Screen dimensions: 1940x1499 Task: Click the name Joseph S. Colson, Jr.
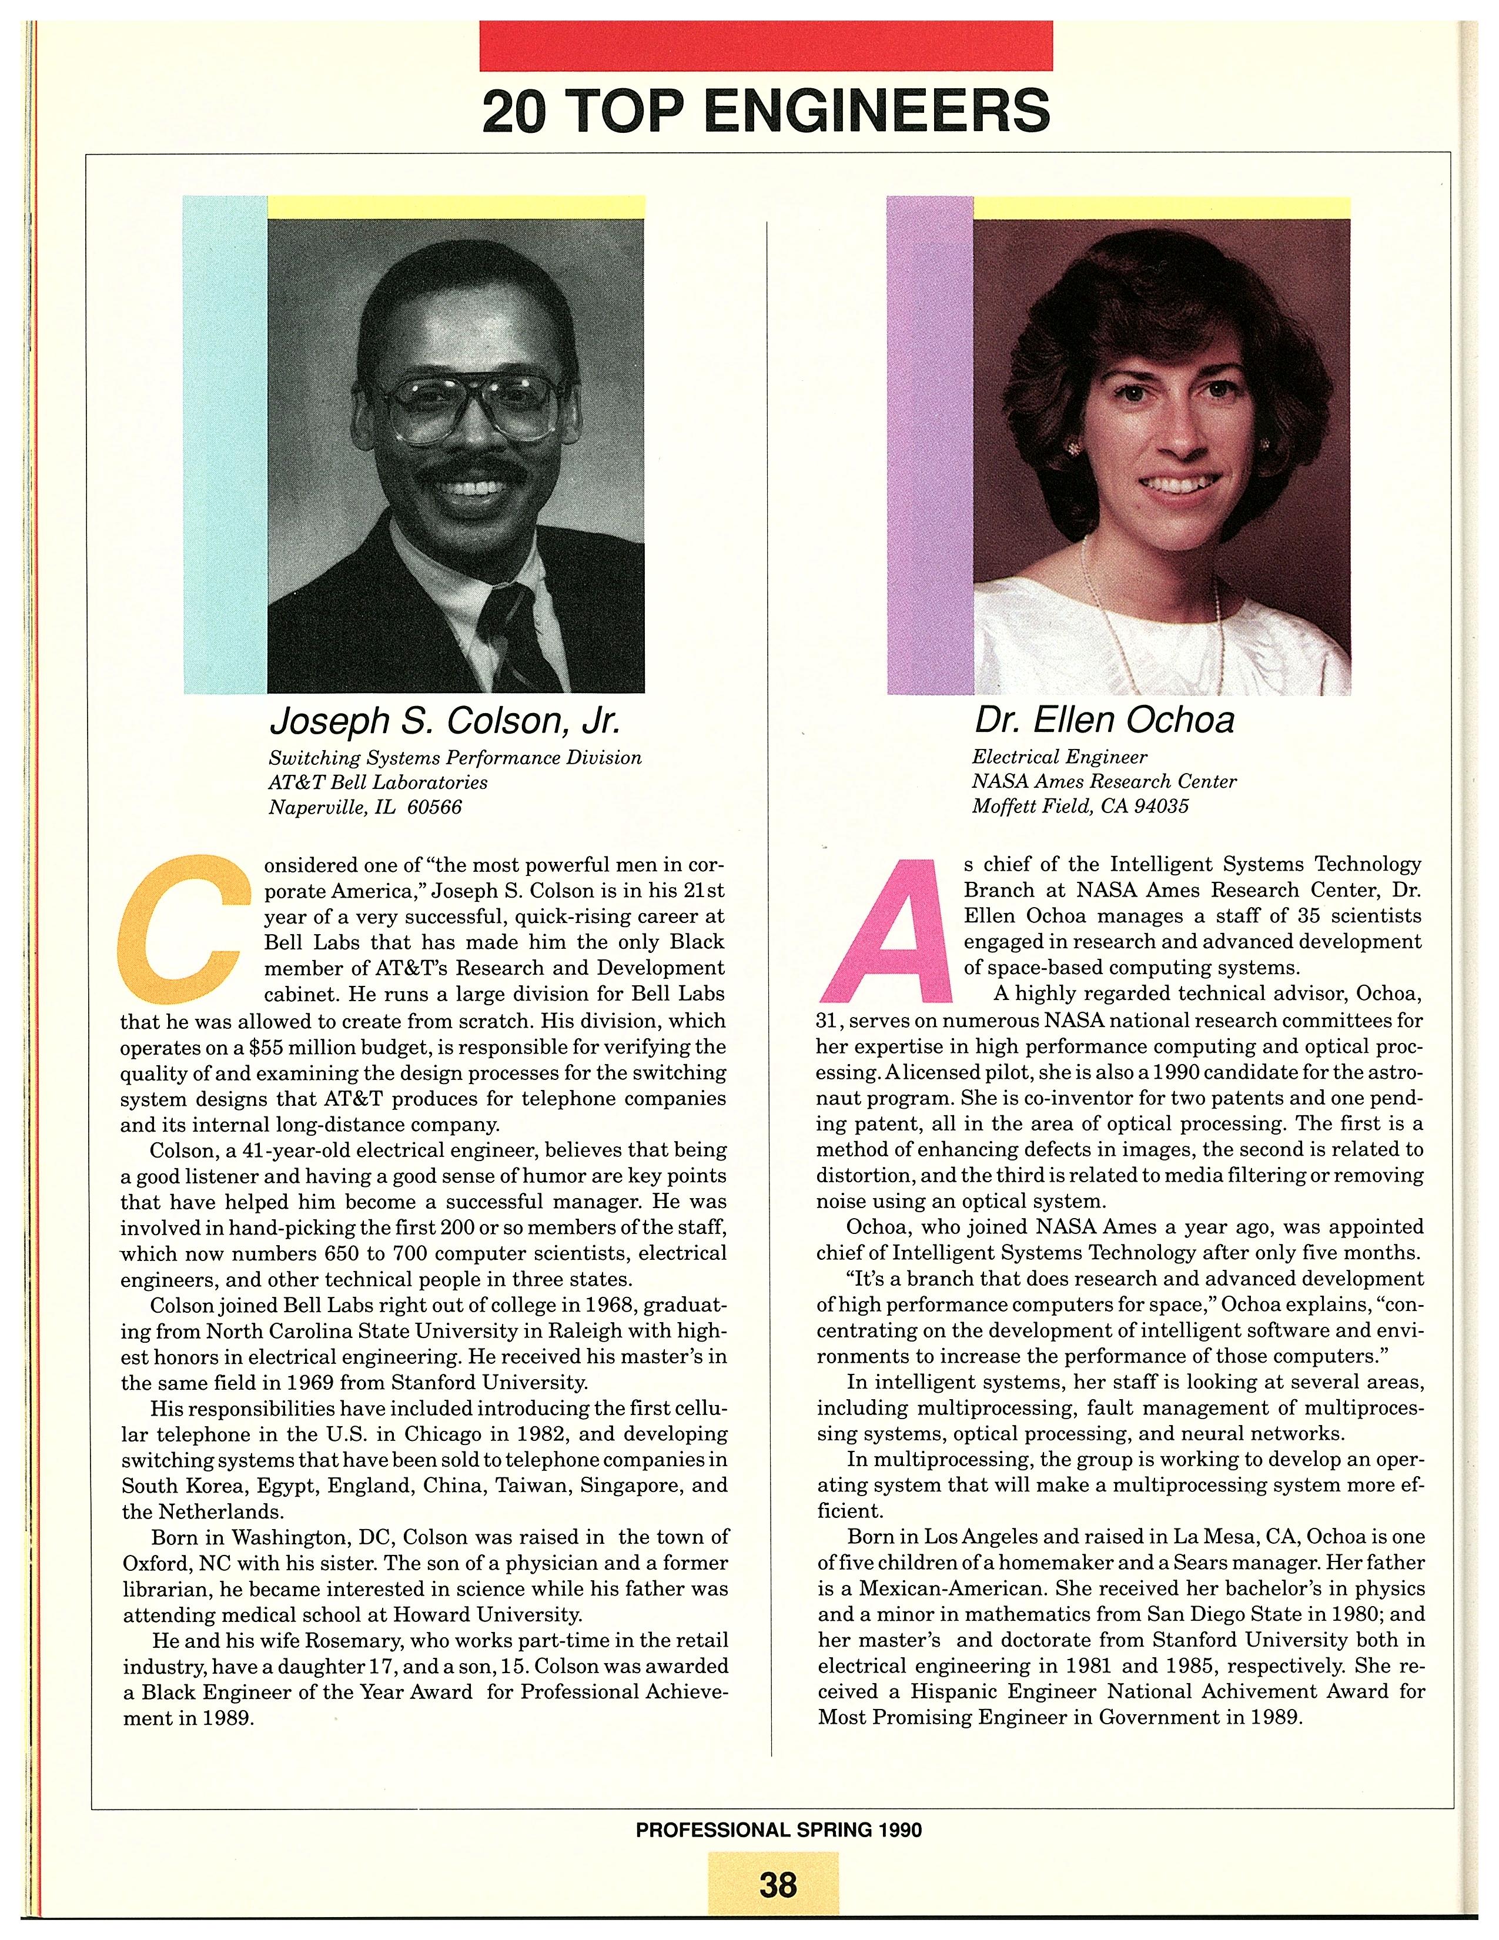[444, 721]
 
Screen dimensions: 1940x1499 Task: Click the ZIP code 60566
[434, 807]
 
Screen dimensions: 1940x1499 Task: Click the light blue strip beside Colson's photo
[224, 444]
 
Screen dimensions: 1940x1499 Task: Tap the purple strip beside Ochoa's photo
[929, 444]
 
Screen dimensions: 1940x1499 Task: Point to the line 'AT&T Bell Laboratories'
[379, 782]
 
